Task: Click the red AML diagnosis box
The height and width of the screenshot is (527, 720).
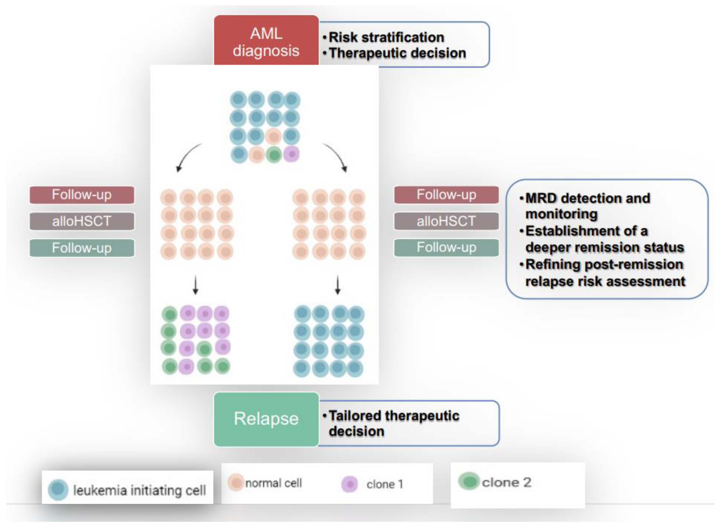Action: tap(266, 41)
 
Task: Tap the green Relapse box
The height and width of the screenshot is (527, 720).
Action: tap(266, 419)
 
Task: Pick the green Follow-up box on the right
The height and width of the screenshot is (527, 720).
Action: tap(446, 247)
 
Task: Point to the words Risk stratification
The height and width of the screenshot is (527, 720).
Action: tap(386, 37)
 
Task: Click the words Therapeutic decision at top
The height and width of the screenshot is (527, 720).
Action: tap(397, 53)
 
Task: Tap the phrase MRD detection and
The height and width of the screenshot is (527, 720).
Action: tap(587, 198)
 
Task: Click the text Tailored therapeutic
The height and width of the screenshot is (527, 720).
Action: tap(394, 416)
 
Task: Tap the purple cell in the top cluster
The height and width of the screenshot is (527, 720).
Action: tap(291, 154)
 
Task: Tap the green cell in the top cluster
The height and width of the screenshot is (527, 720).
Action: tap(274, 155)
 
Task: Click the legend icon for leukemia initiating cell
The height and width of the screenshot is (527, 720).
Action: tap(58, 490)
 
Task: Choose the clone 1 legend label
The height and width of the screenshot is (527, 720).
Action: tap(385, 485)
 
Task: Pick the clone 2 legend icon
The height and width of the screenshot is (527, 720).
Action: tap(469, 481)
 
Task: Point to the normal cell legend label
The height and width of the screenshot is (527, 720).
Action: tap(273, 483)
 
